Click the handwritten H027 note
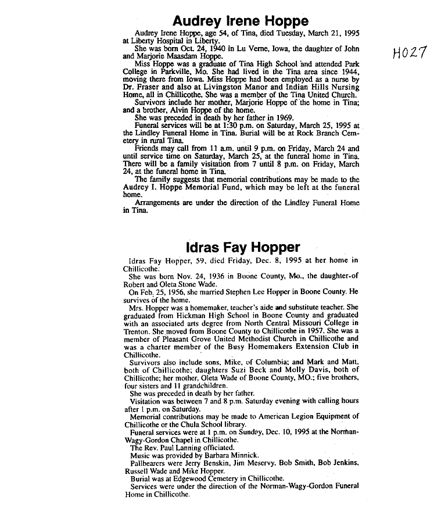[x=410, y=53]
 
